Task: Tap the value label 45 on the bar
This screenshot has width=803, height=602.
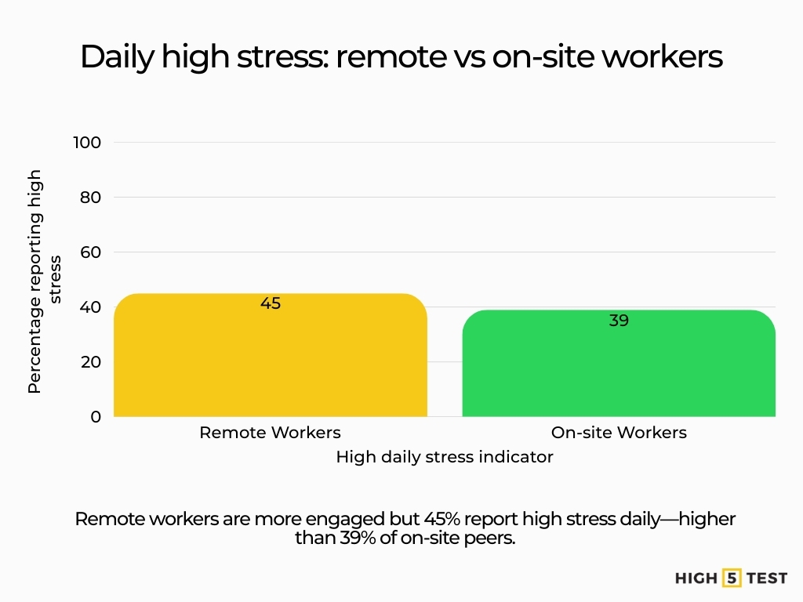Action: (271, 303)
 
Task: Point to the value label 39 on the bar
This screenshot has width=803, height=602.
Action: (619, 321)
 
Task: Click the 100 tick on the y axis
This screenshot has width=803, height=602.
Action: (87, 143)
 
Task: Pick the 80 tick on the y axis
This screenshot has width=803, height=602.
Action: (90, 198)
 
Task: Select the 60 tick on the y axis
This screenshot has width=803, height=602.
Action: (90, 252)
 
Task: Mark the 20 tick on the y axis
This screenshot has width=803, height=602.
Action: (90, 362)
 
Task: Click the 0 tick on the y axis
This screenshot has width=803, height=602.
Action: (96, 417)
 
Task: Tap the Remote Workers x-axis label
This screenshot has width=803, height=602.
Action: (271, 433)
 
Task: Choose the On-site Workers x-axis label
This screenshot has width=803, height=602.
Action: (619, 433)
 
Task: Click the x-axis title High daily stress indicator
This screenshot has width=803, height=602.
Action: (445, 457)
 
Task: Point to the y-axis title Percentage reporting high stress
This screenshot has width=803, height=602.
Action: (44, 280)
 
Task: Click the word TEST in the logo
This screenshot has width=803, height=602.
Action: (766, 578)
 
